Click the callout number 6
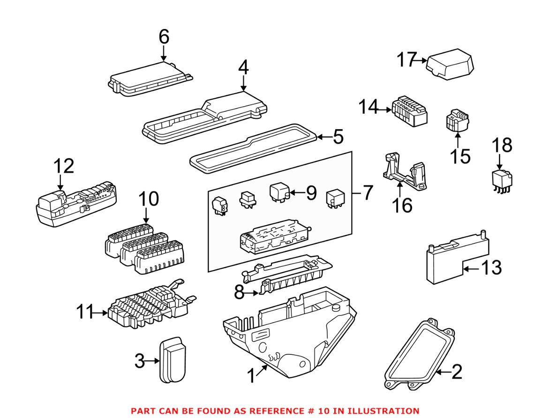[x=163, y=38]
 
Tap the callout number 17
[x=407, y=60]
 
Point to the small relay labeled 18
[x=501, y=180]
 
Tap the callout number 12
[x=63, y=167]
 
